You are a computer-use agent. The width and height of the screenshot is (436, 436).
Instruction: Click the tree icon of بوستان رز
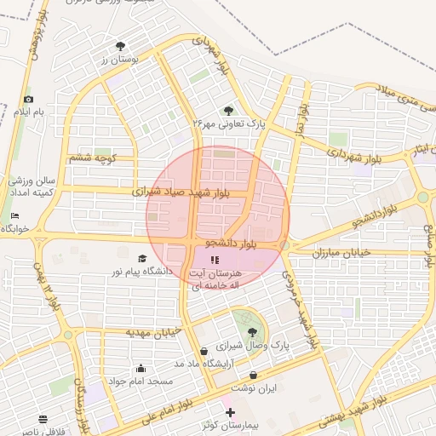(119, 45)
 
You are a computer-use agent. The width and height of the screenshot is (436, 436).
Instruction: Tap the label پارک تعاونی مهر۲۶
(228, 123)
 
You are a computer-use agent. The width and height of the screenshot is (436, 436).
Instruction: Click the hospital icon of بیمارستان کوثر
(230, 412)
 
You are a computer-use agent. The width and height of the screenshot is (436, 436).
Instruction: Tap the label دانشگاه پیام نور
(137, 271)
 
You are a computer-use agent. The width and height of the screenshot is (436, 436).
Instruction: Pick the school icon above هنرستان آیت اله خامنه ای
(214, 259)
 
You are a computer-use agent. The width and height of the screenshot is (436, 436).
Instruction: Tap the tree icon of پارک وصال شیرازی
(251, 333)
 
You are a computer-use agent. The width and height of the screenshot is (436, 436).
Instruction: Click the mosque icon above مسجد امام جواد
(140, 368)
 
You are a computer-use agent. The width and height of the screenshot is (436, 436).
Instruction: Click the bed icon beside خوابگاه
(14, 215)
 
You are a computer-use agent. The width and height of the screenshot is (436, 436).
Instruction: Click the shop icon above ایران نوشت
(254, 375)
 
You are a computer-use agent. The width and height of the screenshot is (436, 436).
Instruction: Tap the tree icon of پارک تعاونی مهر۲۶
(228, 110)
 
